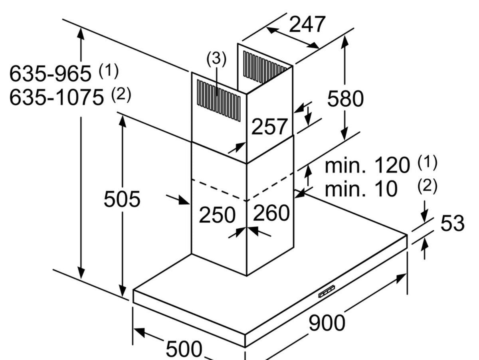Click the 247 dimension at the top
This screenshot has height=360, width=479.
pyautogui.click(x=307, y=24)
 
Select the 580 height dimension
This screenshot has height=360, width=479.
pyautogui.click(x=345, y=99)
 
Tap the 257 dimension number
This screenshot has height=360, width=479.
pyautogui.click(x=269, y=127)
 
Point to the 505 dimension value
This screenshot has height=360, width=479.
pyautogui.click(x=122, y=199)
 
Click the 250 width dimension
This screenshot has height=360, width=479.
pyautogui.click(x=217, y=215)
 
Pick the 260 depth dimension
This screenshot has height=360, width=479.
pyautogui.click(x=271, y=213)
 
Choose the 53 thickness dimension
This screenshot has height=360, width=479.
pyautogui.click(x=452, y=224)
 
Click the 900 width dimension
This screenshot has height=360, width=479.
pyautogui.click(x=327, y=322)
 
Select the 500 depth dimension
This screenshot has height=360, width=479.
pyautogui.click(x=184, y=349)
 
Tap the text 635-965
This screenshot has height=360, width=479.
pyautogui.click(x=50, y=73)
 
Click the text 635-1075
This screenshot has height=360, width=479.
pyautogui.click(x=56, y=97)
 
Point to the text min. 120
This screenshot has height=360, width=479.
pyautogui.click(x=367, y=166)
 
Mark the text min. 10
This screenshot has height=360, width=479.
pyautogui.click(x=361, y=188)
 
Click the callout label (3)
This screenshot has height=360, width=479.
pyautogui.click(x=216, y=59)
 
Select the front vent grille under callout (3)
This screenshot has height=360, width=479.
pyautogui.click(x=219, y=100)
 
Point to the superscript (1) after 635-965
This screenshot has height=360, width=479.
pyautogui.click(x=109, y=71)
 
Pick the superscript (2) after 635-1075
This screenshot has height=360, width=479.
pyautogui.click(x=121, y=95)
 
